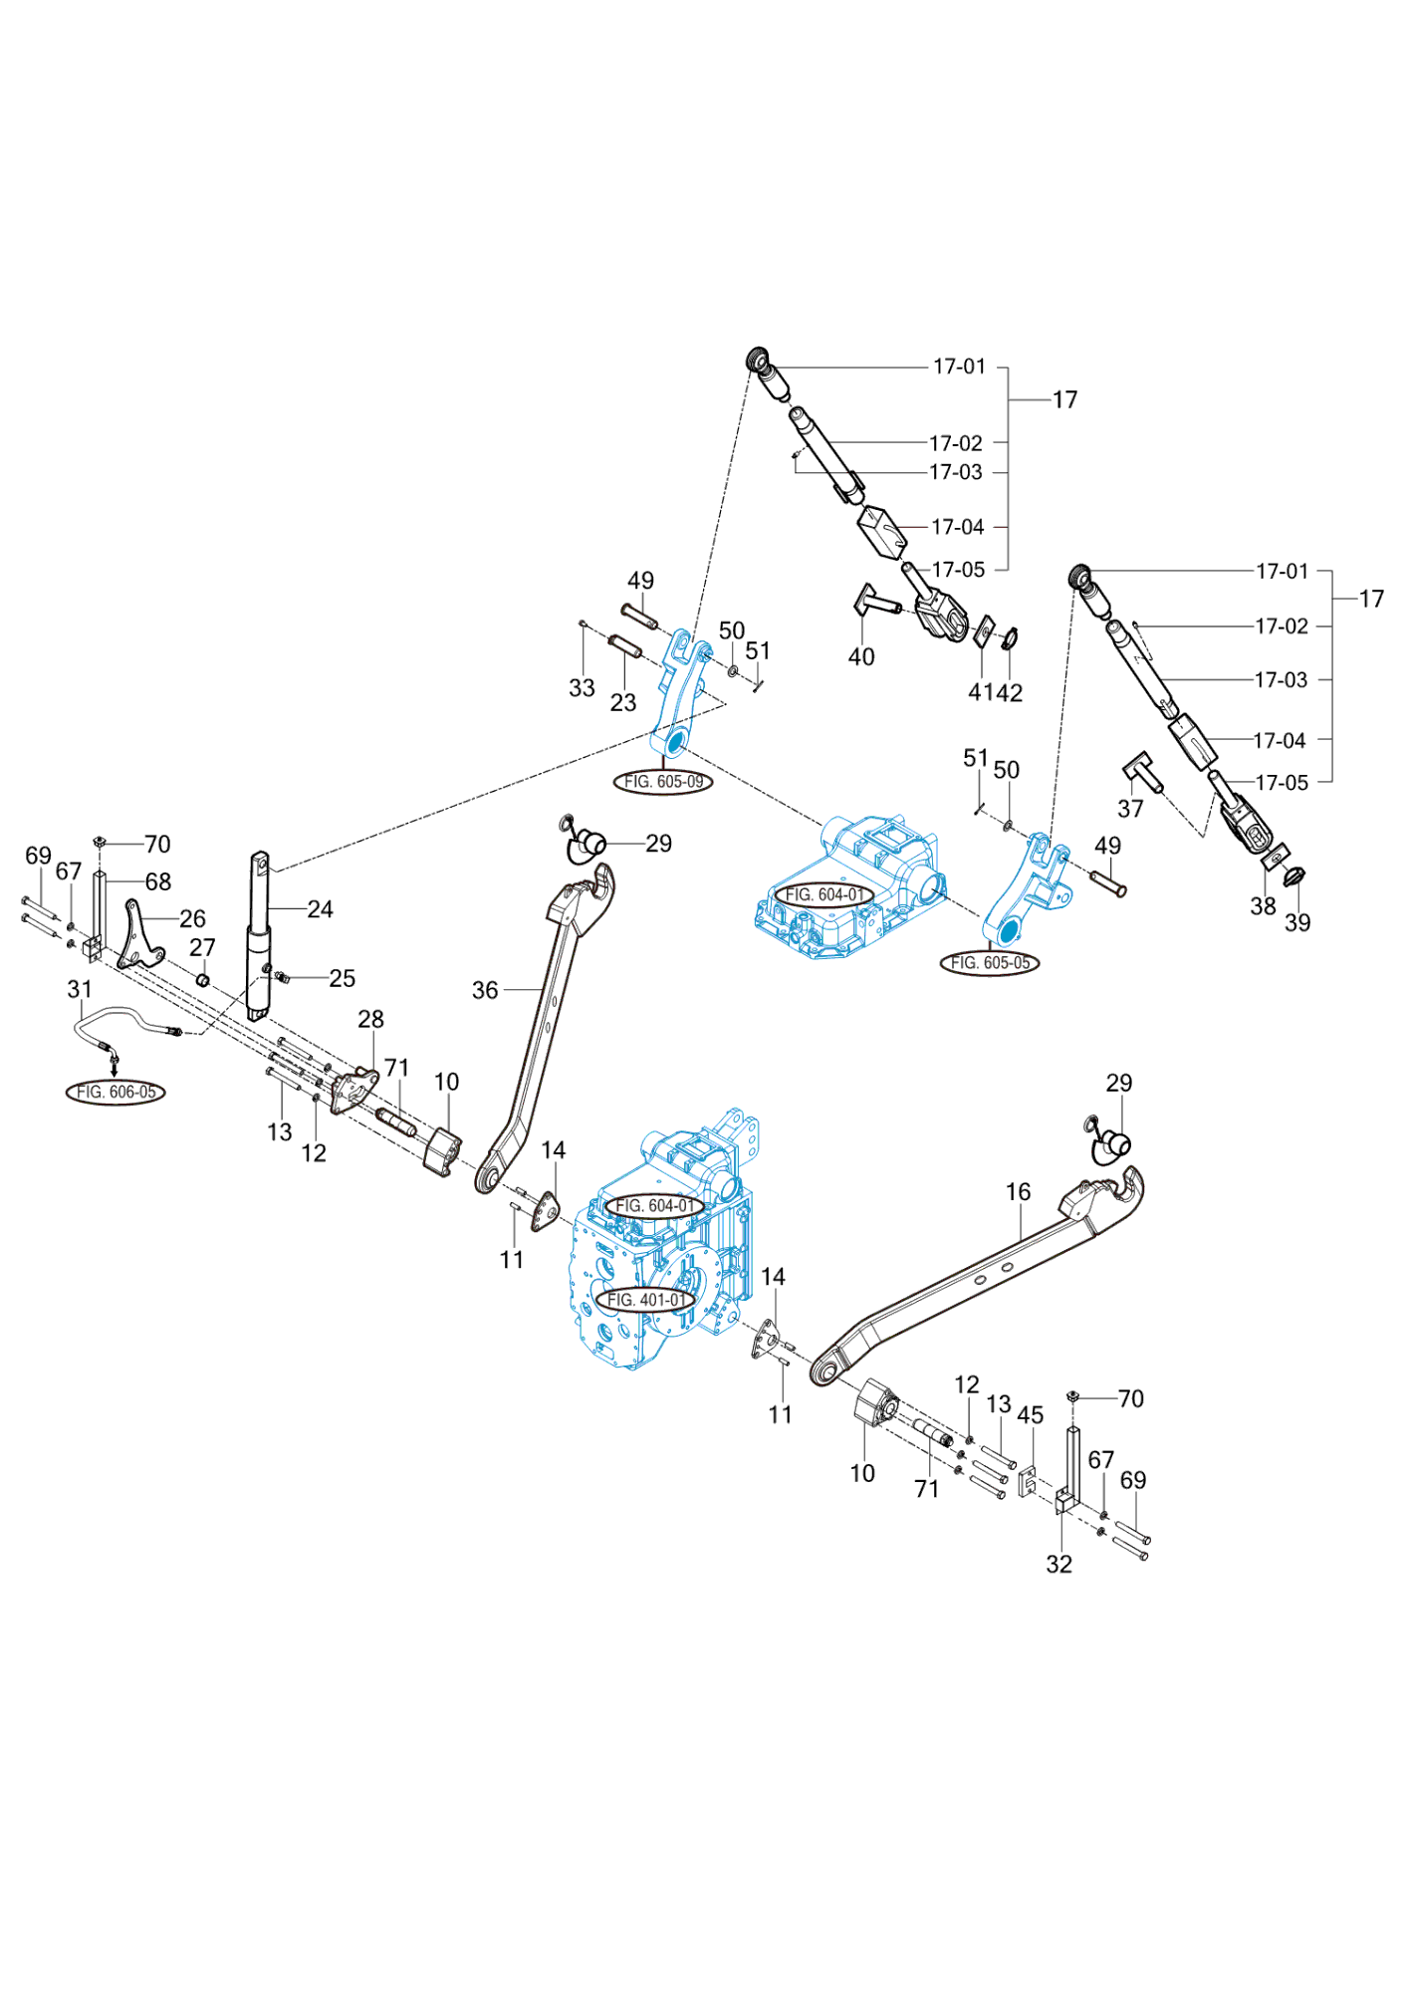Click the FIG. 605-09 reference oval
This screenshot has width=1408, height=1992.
point(663,782)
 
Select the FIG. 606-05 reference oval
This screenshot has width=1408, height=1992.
point(116,1092)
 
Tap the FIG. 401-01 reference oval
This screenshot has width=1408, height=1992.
point(645,1300)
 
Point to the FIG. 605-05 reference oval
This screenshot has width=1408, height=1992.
point(990,963)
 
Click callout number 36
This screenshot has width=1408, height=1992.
point(485,990)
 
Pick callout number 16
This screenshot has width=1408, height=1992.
point(1018,1192)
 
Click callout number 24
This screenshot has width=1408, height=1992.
point(320,909)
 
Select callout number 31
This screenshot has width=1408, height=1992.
point(80,989)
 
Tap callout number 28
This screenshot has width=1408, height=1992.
point(370,1019)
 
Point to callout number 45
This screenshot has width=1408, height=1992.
point(1031,1415)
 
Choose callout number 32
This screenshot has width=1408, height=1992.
point(1059,1565)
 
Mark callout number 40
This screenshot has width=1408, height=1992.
point(861,657)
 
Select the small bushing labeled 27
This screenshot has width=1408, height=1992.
point(202,981)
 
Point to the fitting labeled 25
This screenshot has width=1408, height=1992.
point(282,977)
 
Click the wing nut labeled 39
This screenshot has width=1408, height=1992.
point(1294,875)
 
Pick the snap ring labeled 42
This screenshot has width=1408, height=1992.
point(1009,637)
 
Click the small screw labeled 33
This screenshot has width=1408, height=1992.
point(583,624)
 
